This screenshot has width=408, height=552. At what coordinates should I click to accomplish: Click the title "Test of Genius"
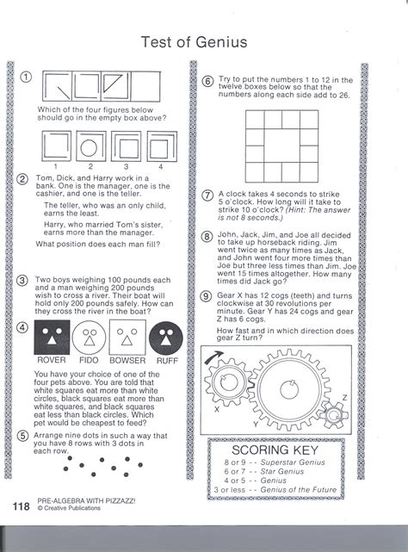(x=194, y=42)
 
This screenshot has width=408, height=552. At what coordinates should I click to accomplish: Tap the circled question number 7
(x=207, y=195)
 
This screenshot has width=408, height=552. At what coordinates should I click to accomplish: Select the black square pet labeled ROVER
(x=52, y=338)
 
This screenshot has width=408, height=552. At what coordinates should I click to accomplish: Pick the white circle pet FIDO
(x=89, y=338)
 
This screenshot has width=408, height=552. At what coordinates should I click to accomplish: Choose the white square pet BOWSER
(x=127, y=338)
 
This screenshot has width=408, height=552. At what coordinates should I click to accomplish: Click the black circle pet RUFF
(x=166, y=338)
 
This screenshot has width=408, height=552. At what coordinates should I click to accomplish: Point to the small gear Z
(x=334, y=415)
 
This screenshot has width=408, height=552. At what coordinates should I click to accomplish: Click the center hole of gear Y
(x=289, y=390)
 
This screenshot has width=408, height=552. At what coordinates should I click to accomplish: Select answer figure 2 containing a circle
(x=91, y=146)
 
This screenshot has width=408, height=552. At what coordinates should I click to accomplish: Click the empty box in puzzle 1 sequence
(x=145, y=87)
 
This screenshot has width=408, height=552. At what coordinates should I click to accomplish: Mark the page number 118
(x=22, y=506)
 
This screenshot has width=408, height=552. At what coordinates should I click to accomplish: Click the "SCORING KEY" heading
(x=275, y=450)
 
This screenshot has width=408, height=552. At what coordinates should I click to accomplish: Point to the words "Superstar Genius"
(x=293, y=462)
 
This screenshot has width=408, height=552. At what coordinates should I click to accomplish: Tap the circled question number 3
(x=22, y=281)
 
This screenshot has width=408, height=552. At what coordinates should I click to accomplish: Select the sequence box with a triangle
(x=116, y=87)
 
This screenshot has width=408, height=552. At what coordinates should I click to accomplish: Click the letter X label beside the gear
(x=217, y=409)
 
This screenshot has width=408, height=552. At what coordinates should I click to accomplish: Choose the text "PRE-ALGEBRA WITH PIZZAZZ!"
(x=86, y=501)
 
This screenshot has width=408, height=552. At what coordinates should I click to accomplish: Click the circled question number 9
(x=206, y=296)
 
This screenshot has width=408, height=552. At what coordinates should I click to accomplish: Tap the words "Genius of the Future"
(x=298, y=490)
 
